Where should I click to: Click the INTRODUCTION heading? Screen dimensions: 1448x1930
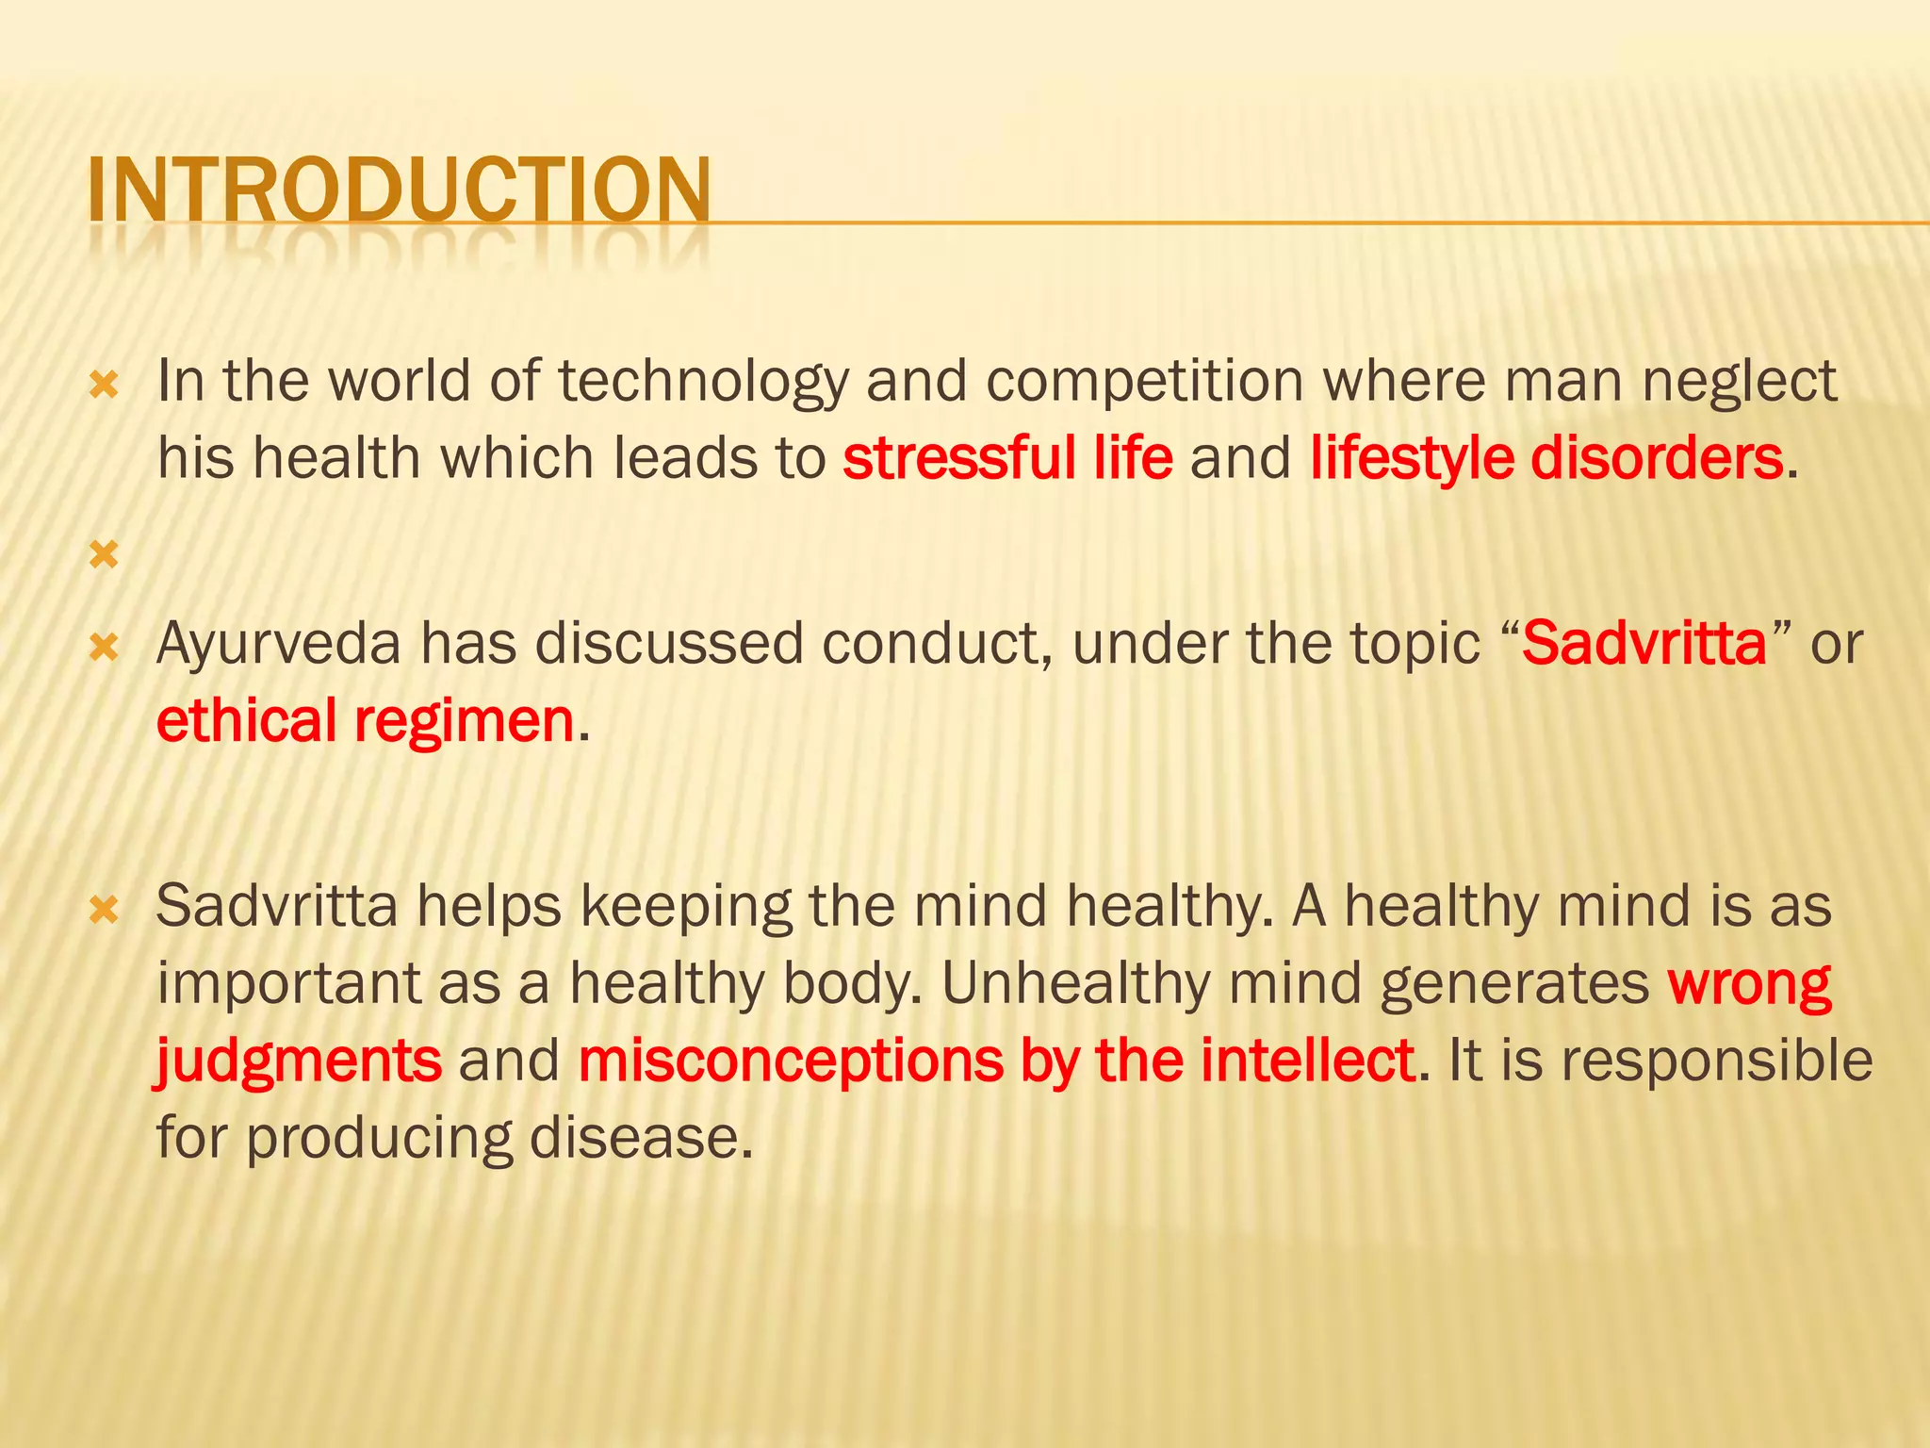point(400,190)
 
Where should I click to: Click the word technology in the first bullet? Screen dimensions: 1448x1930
point(703,382)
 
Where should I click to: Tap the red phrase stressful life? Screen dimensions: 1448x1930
point(1007,459)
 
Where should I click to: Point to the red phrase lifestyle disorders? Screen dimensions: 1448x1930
point(1546,459)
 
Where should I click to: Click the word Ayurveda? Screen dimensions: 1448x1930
point(278,644)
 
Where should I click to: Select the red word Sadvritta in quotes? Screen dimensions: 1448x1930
point(1644,644)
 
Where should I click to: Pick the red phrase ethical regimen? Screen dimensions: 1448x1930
point(365,721)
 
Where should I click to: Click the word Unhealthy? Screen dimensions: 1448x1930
point(1075,983)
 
